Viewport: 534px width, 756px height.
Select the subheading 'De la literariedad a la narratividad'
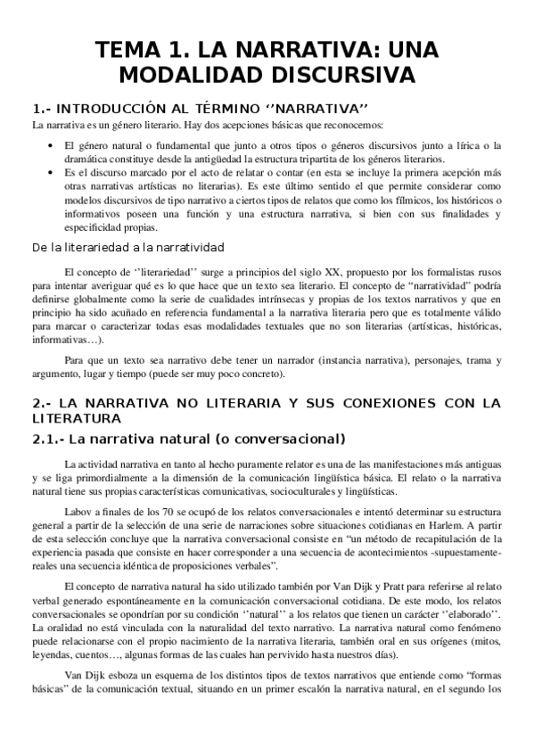pos(127,247)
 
